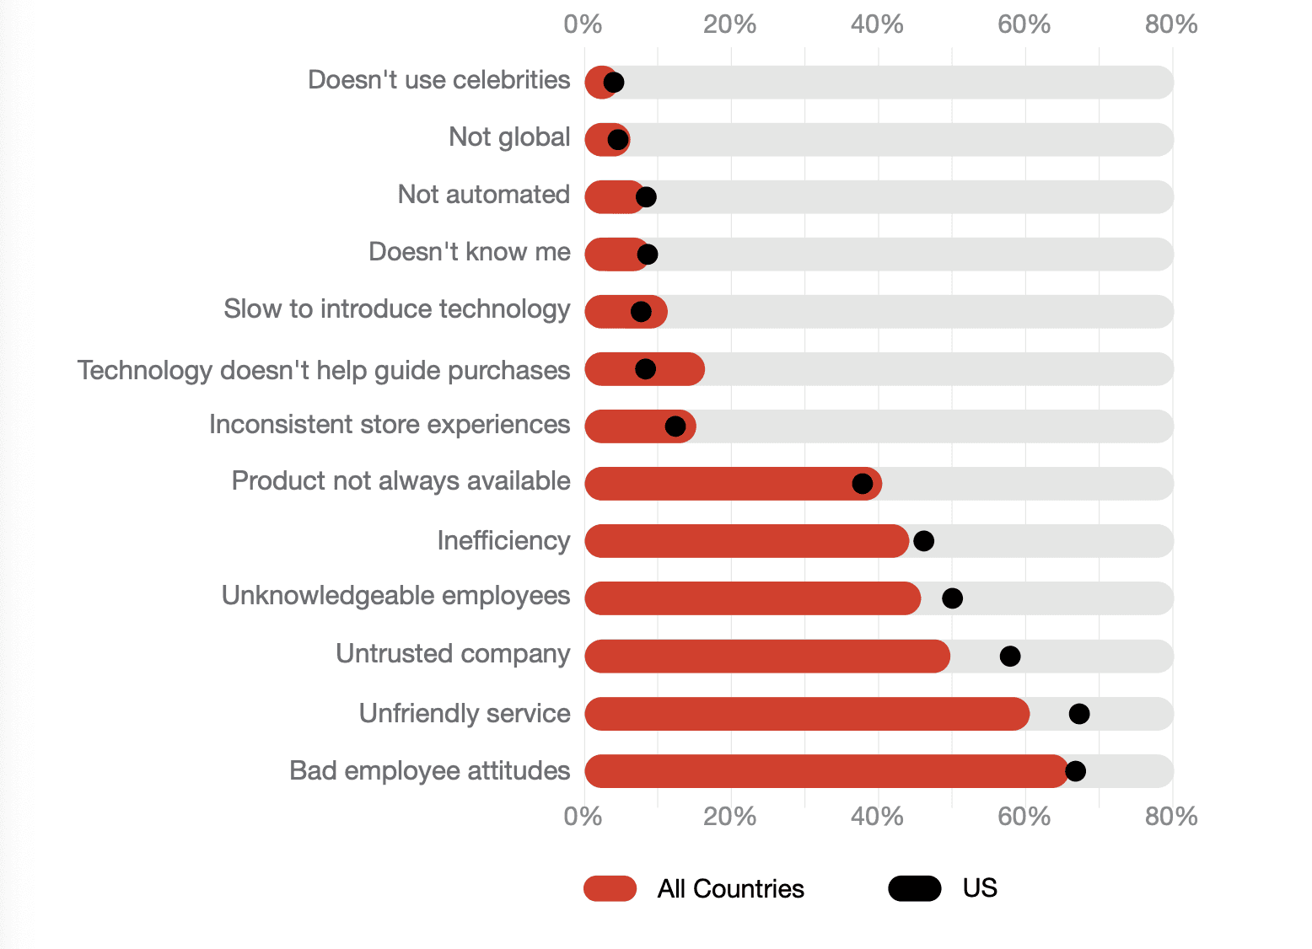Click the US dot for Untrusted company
click(1009, 656)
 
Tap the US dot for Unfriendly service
click(1078, 714)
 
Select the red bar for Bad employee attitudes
click(826, 771)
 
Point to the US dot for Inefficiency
click(923, 541)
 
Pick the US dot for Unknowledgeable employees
click(952, 598)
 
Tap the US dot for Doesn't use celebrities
click(614, 83)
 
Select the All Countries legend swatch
click(610, 888)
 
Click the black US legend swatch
click(914, 888)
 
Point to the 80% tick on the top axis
click(1171, 24)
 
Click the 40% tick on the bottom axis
click(877, 817)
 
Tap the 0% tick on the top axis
click(583, 24)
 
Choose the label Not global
click(509, 137)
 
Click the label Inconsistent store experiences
click(390, 424)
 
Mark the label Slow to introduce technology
click(397, 309)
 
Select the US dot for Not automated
click(646, 197)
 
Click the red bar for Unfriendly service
click(805, 714)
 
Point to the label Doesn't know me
click(470, 252)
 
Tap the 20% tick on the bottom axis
click(729, 817)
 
